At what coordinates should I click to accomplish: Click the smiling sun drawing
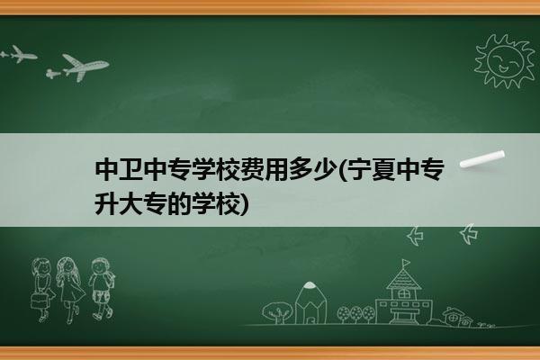pos(504,61)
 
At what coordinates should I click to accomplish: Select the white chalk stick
pos(482,159)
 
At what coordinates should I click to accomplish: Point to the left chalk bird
pos(415,236)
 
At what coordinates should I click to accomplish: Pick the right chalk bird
pos(469,234)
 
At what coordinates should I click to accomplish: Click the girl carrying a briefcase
pos(42,290)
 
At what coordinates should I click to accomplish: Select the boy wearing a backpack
pos(102,289)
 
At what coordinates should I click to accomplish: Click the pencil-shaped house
pos(310,302)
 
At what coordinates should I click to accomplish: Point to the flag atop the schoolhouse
pos(407,263)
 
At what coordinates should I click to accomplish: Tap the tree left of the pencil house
pos(277,312)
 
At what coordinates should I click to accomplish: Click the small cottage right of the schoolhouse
pos(458,316)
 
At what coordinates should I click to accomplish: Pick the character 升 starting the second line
pos(106,204)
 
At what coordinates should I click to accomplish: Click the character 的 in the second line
pos(179,204)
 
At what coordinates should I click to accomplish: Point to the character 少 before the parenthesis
pos(326,170)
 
